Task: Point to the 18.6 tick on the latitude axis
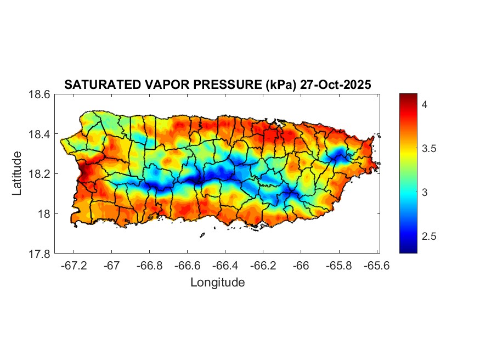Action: (x=39, y=94)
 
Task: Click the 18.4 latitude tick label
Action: (x=39, y=134)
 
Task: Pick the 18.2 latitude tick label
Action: (x=39, y=174)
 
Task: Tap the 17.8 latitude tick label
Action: (x=39, y=254)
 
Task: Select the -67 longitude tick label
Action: (x=112, y=266)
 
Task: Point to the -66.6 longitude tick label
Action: (x=188, y=266)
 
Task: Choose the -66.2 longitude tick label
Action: (x=263, y=266)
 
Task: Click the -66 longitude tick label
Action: (x=301, y=266)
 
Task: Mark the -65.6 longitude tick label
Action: (x=376, y=266)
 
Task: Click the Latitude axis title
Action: (x=17, y=173)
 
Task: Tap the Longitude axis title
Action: (x=217, y=283)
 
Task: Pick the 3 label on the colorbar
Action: (x=425, y=192)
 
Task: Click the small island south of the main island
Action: (x=202, y=235)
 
